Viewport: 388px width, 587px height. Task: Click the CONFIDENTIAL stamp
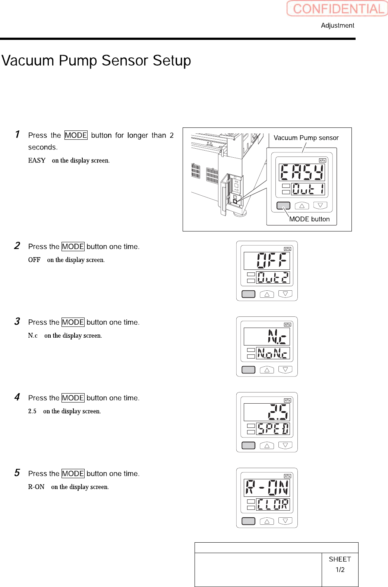tap(337, 9)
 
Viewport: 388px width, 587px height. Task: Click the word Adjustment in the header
tap(337, 25)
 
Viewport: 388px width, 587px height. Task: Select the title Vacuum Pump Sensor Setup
tap(96, 60)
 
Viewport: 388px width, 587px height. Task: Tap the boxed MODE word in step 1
tap(76, 135)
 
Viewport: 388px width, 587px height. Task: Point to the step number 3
tap(17, 321)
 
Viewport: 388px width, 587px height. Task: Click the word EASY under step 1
tap(37, 160)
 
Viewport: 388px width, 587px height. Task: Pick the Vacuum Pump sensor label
tap(306, 138)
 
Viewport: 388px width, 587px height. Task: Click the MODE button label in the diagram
tap(309, 219)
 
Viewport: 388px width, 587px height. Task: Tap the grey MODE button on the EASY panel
tap(283, 205)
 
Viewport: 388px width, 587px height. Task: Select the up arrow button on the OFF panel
tap(267, 294)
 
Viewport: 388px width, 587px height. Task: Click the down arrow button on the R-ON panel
tap(285, 521)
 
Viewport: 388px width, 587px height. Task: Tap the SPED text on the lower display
tap(273, 429)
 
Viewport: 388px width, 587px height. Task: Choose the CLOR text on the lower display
tap(273, 505)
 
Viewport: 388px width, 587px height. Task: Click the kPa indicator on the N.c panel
tap(287, 325)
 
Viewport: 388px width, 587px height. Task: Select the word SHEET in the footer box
tap(340, 559)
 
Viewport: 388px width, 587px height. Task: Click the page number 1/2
tap(340, 569)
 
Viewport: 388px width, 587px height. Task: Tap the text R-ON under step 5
tap(36, 487)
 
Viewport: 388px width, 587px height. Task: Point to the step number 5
tap(17, 473)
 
